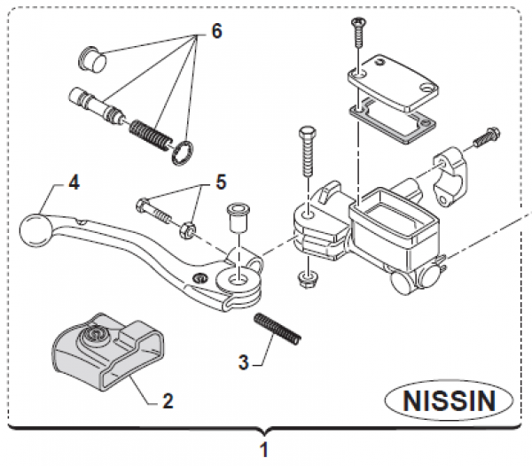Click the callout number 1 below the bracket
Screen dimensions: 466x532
tap(264, 450)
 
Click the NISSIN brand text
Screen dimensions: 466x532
tap(452, 401)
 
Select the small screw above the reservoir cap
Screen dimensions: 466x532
tap(357, 33)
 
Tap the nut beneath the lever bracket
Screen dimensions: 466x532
tap(305, 279)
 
